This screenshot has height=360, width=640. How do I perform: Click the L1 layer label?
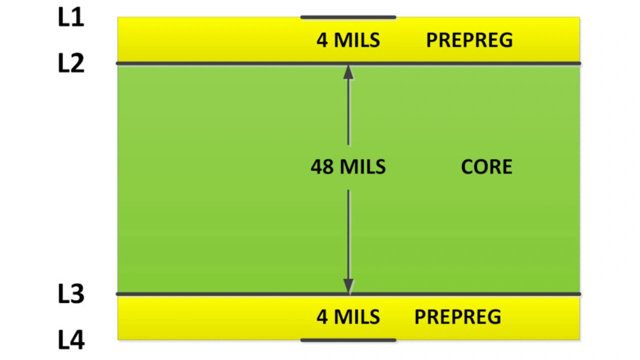(71, 18)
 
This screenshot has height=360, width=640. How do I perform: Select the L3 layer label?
(71, 294)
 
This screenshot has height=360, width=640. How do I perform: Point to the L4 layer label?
(71, 340)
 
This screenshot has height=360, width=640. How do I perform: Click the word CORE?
(486, 167)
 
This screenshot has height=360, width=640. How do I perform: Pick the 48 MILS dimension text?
(348, 167)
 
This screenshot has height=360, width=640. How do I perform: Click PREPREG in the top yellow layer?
(469, 40)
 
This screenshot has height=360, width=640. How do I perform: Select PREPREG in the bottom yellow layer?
(457, 317)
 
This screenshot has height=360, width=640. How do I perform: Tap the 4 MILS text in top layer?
(348, 40)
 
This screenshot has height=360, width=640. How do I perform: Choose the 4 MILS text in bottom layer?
(348, 317)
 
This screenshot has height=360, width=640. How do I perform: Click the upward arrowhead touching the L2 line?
(348, 72)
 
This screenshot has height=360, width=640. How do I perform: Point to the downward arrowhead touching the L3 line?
(348, 285)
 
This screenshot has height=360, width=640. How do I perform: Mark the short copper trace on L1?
(348, 17)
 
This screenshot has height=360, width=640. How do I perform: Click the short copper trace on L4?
(348, 340)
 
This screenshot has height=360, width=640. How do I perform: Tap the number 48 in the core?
(322, 167)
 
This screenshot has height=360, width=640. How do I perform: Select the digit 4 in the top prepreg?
(322, 40)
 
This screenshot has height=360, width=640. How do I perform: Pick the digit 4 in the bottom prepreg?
(322, 317)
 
